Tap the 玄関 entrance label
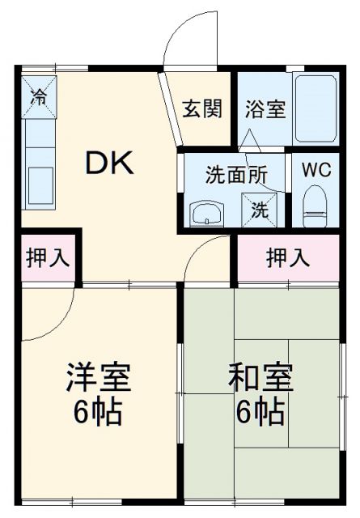point(201,108)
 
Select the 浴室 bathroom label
point(265,108)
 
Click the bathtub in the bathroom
point(315,108)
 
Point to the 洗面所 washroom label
point(234,173)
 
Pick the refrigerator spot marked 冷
point(38,96)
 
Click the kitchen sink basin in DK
point(38,185)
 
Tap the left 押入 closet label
point(47,258)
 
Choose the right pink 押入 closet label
point(288,258)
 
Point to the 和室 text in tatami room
point(260,377)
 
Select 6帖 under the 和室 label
point(260,413)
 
